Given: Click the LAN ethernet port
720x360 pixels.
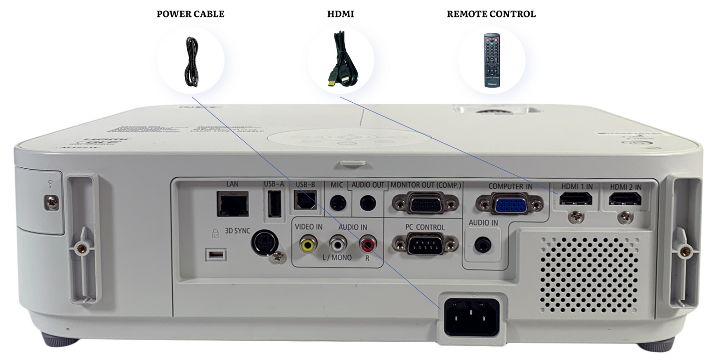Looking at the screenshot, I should coord(232,204).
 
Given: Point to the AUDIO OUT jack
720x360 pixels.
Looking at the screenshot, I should coord(368,203).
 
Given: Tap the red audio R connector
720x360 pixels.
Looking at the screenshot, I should coord(369,244).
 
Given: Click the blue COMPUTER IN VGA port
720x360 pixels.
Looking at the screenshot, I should coord(509,204).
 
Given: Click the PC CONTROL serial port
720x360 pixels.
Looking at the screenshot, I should coord(425,244).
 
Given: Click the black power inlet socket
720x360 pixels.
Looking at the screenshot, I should coord(471,316).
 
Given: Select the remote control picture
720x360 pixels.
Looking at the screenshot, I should coord(492,60).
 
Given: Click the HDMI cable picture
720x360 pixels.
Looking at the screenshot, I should coord(341,60).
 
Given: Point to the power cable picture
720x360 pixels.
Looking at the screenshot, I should coord(191,61).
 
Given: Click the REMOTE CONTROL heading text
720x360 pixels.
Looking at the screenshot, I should coord(491,14).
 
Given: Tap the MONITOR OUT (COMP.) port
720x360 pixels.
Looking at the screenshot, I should coord(425,203).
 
